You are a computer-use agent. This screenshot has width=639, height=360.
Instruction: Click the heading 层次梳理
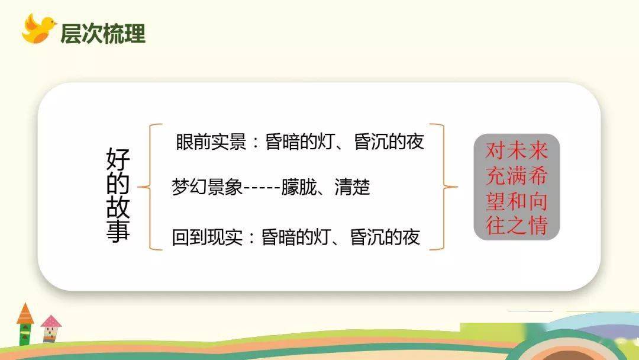point(103,33)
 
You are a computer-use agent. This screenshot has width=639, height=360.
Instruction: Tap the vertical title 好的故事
point(118,195)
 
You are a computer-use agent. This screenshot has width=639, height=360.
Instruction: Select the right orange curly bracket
point(444,187)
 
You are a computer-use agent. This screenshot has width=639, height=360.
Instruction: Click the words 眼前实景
point(211,142)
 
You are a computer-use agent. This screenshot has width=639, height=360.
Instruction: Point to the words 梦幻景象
point(207,187)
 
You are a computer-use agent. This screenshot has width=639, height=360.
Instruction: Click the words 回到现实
point(207,237)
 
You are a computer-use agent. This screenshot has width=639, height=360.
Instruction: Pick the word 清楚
point(352,187)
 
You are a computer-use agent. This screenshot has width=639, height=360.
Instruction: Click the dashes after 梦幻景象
point(262,188)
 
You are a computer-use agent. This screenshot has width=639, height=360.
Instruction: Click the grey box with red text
point(517,187)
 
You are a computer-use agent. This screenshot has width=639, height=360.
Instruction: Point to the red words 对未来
point(517,151)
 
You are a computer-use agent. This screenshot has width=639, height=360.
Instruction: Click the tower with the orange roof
point(25,324)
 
